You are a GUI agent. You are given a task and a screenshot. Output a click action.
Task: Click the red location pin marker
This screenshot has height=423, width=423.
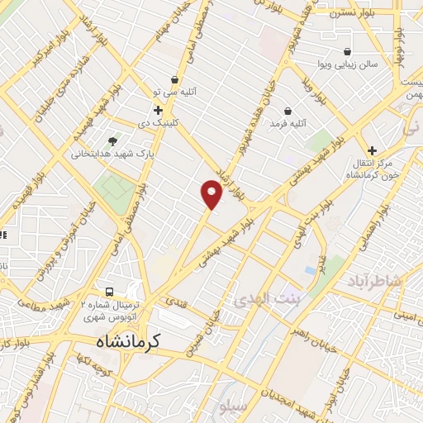[211, 194]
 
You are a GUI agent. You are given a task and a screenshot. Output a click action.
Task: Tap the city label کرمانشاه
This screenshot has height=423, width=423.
[126, 340]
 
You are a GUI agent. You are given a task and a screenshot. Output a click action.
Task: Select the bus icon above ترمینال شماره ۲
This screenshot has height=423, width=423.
[109, 292]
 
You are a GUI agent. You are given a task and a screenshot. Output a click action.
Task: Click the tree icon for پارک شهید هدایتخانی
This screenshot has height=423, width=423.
[113, 140]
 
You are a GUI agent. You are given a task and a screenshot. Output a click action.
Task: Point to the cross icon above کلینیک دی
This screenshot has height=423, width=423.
[157, 109]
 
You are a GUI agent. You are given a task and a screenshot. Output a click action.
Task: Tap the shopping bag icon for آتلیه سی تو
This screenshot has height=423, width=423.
[174, 80]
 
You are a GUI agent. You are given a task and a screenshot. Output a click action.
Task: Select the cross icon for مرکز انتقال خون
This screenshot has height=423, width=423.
[373, 150]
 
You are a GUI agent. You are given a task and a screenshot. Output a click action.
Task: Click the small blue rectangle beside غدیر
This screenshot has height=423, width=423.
[310, 269]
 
